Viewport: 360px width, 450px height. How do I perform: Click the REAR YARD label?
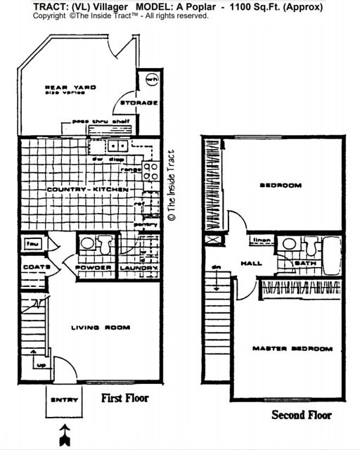[x=70, y=88]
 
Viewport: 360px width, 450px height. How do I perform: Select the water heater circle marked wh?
[x=151, y=79]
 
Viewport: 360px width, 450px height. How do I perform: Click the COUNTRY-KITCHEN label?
[x=78, y=190]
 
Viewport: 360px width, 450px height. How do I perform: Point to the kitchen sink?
[x=117, y=146]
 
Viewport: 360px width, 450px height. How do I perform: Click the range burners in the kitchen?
[x=150, y=168]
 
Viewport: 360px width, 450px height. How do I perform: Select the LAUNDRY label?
[x=138, y=268]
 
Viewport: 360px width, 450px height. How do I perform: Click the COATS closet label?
[x=35, y=267]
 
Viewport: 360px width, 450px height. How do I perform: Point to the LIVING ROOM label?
[x=101, y=327]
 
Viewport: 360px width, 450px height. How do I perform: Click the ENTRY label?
[x=64, y=401]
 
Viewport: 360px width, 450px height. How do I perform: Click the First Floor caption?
[x=125, y=398]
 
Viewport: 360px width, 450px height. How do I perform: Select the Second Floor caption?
[x=301, y=415]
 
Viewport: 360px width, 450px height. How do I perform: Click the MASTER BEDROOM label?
[x=292, y=349]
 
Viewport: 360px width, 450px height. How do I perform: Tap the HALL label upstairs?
[x=251, y=264]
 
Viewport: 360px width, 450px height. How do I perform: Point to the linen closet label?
[x=261, y=240]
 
